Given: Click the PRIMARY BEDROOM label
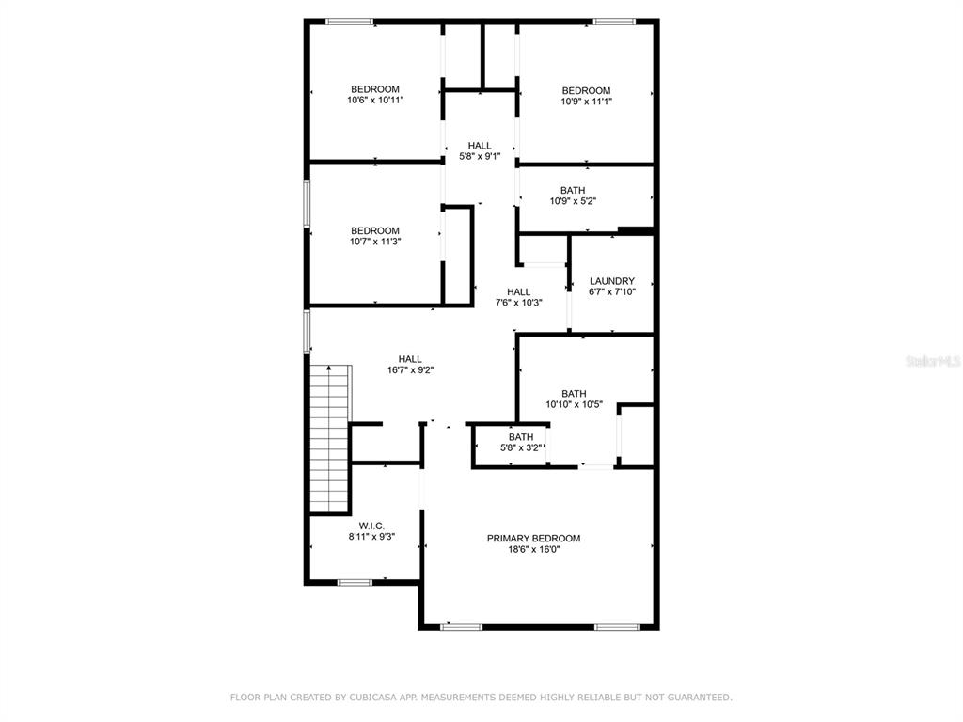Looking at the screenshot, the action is [x=533, y=539].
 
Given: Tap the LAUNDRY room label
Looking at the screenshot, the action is [x=611, y=281].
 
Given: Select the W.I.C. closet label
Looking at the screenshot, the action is [x=371, y=526].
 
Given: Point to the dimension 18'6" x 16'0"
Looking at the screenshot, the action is [x=533, y=549].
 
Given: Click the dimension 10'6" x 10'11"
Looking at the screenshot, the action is [x=375, y=100].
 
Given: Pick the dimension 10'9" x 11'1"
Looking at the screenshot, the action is [x=586, y=102].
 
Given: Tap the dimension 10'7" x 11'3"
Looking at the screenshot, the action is [x=375, y=242].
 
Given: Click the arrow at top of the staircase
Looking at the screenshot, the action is [x=329, y=369].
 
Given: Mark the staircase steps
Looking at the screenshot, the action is [x=330, y=438].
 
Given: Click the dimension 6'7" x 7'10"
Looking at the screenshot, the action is [x=611, y=292].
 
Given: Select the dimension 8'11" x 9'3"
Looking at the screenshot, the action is [x=371, y=537].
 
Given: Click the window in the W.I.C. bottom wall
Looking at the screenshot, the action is [x=355, y=582].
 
